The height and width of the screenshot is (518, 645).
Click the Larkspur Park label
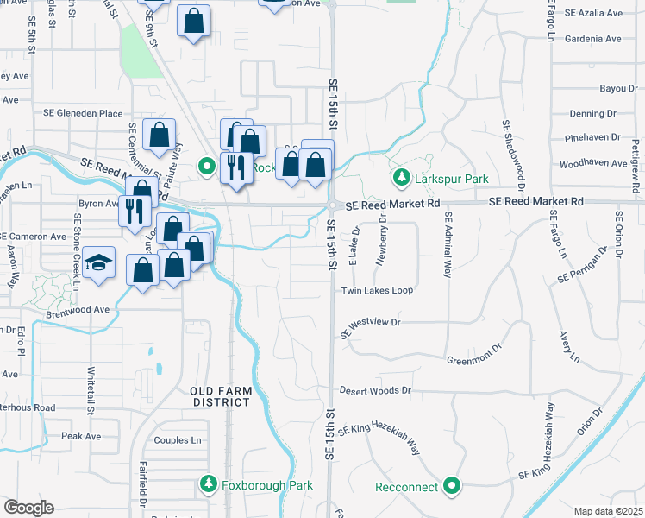(451, 179)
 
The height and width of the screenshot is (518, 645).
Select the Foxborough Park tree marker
(207, 485)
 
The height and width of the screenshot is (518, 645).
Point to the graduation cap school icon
(101, 263)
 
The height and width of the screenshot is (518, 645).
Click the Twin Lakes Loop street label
(377, 291)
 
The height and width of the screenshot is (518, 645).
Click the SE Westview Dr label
(371, 326)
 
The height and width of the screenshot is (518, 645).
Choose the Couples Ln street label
(177, 440)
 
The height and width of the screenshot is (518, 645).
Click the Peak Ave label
(81, 436)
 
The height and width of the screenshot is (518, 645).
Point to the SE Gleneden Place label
(84, 113)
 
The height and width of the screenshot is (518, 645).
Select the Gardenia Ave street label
(594, 39)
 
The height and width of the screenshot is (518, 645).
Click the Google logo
(28, 508)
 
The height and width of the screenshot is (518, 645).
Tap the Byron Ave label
(97, 204)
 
